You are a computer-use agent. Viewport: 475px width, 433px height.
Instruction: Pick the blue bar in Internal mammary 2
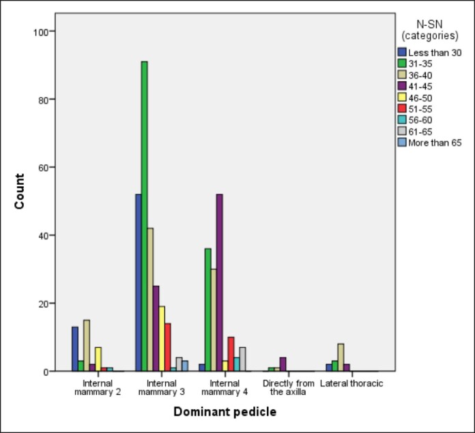[x=75, y=348]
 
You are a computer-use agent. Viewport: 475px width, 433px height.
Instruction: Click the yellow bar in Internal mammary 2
[x=98, y=359]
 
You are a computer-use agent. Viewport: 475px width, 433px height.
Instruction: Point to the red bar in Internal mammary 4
[x=231, y=354]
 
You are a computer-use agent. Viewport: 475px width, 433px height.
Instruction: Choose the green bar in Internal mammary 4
[x=208, y=310]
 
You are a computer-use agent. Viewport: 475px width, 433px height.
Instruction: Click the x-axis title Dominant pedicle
[x=225, y=413]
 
